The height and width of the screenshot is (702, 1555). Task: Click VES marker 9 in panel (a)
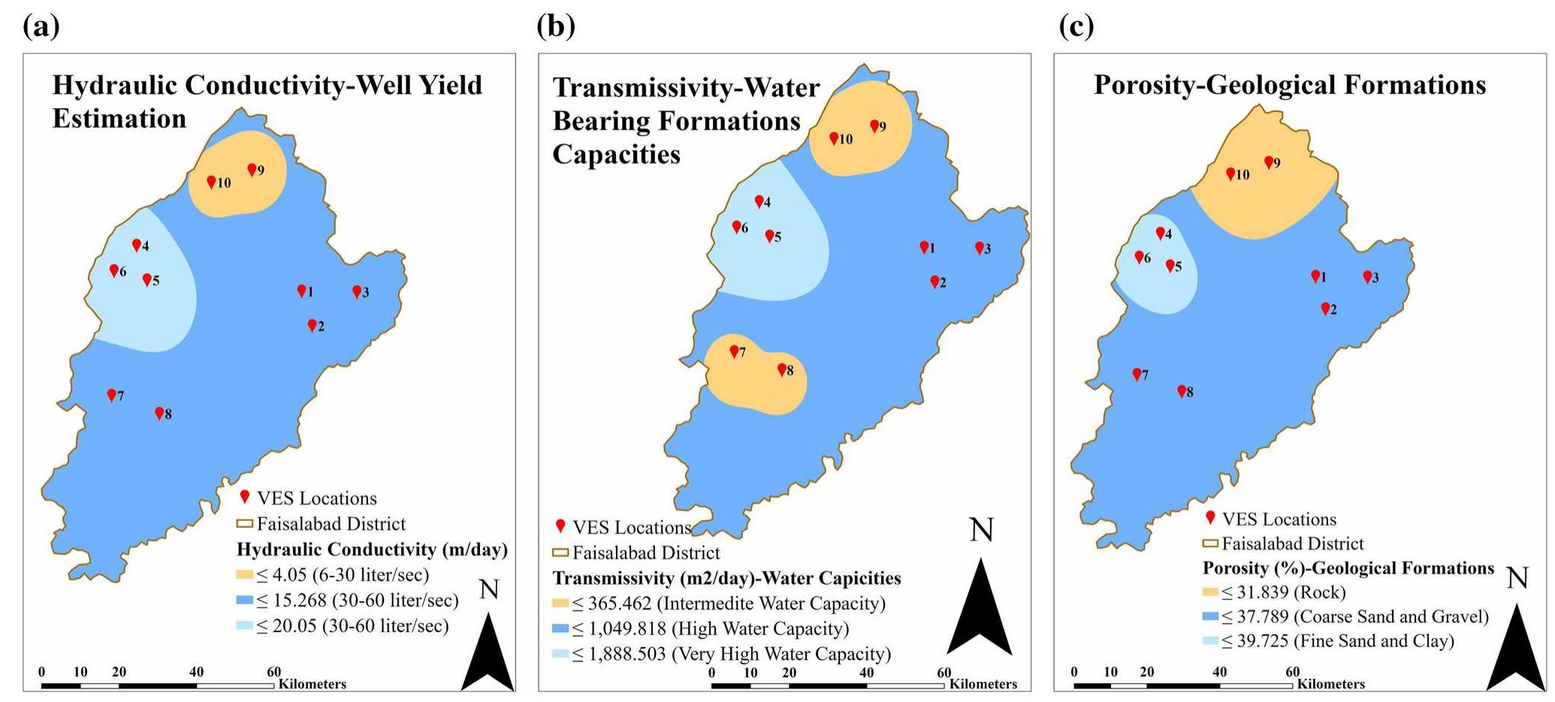point(252,170)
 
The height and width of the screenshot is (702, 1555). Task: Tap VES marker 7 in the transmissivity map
point(734,351)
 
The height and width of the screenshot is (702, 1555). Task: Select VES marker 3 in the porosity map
point(1367,276)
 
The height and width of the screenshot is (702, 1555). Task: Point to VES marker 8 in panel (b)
point(781,369)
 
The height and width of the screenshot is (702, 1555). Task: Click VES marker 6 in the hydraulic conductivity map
point(114,270)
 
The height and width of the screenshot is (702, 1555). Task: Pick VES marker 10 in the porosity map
point(1230,173)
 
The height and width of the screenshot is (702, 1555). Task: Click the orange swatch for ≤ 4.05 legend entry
point(245,576)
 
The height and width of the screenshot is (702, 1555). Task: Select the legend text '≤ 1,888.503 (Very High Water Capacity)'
point(731,654)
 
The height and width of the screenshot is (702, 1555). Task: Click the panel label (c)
point(1076,26)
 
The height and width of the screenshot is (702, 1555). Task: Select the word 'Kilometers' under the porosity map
point(1330,684)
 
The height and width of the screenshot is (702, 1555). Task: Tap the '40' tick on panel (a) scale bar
point(196,672)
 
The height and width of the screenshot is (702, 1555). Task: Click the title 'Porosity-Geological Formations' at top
point(1289,85)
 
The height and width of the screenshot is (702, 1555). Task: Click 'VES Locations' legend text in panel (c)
point(1279,520)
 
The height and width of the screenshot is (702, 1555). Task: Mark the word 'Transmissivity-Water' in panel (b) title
point(686,88)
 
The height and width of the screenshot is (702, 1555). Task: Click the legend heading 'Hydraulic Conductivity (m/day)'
point(372,550)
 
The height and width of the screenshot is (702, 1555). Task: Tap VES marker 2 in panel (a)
point(312,325)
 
